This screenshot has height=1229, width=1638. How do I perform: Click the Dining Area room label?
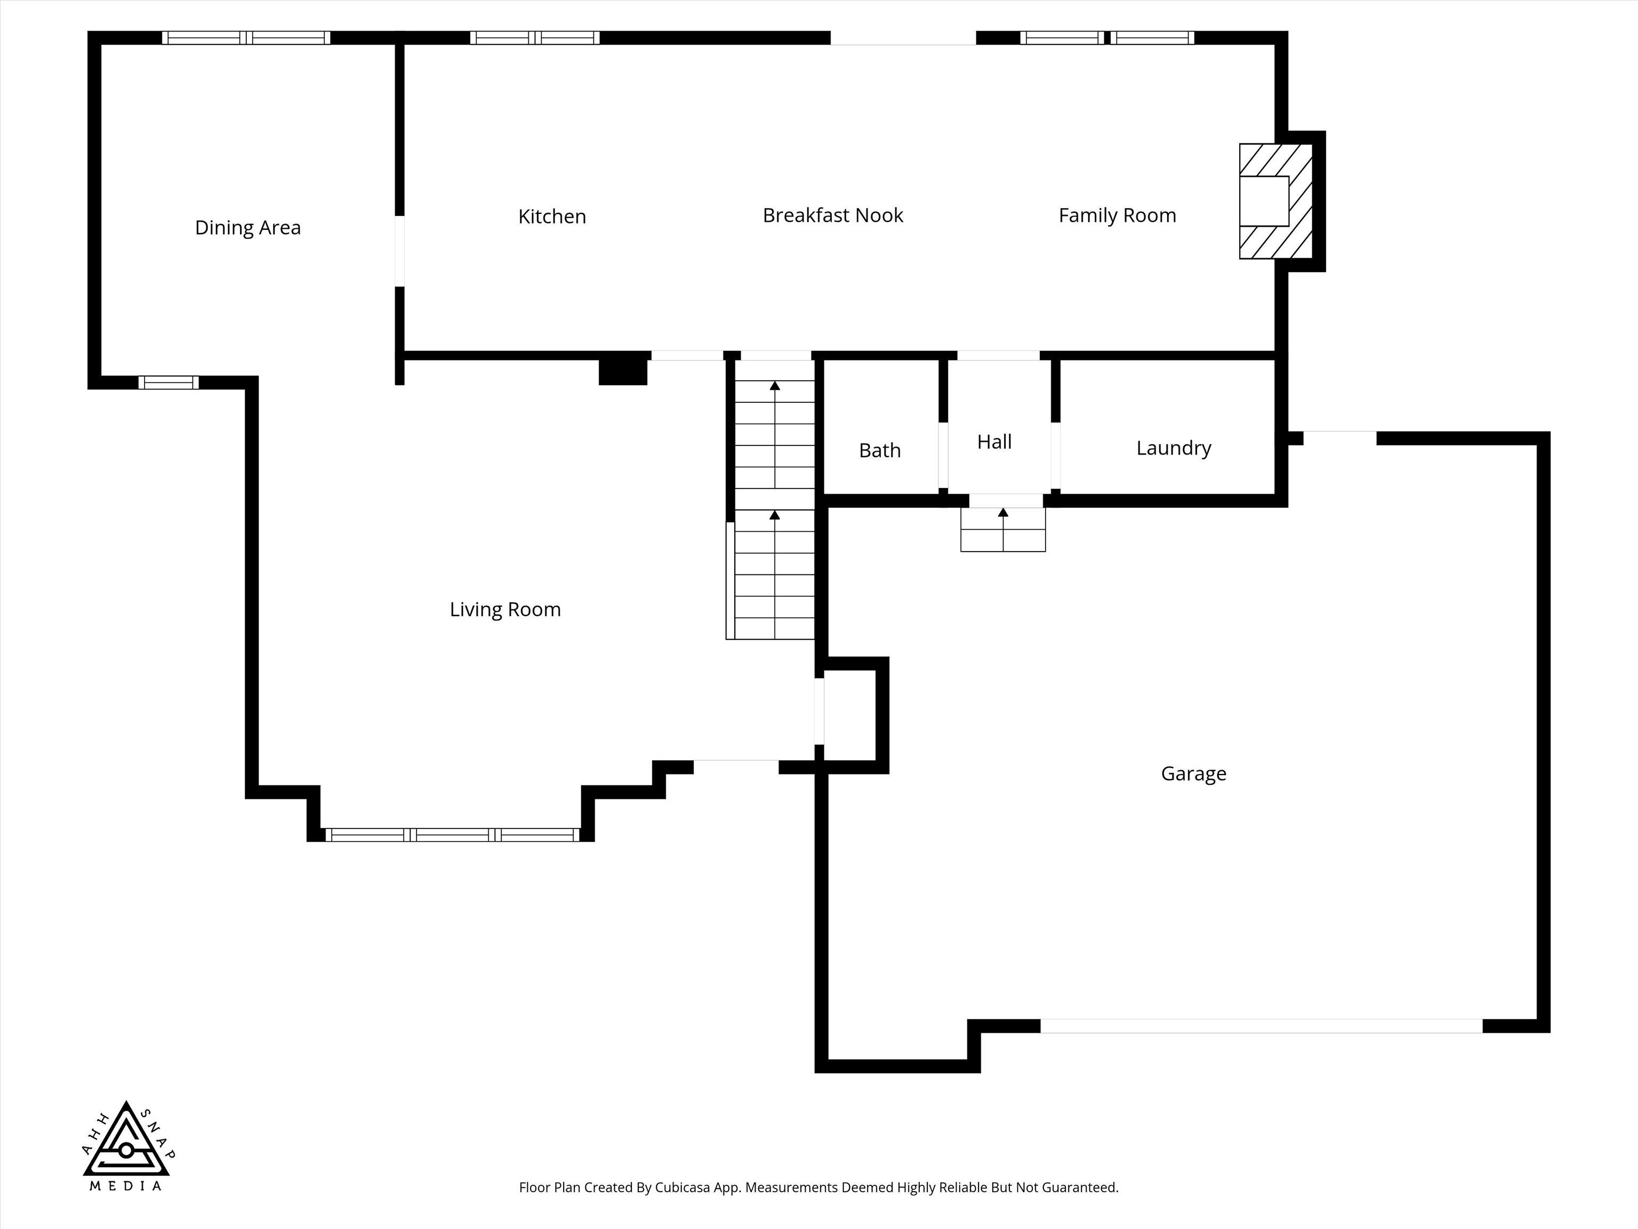coord(247,227)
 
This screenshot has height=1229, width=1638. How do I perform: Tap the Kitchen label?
coord(552,217)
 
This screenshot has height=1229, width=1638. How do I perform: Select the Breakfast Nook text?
coord(832,215)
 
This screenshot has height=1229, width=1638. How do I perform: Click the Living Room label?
coord(505,610)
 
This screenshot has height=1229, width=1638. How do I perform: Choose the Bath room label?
coord(880,450)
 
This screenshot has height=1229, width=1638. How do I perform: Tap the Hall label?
coord(994,442)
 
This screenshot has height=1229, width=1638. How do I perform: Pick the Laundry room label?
coord(1174,448)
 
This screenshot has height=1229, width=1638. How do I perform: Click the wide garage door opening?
coord(1261,1026)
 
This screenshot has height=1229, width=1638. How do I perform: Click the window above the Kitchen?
coord(535,38)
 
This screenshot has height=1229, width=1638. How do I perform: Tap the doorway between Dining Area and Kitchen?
coord(399,251)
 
